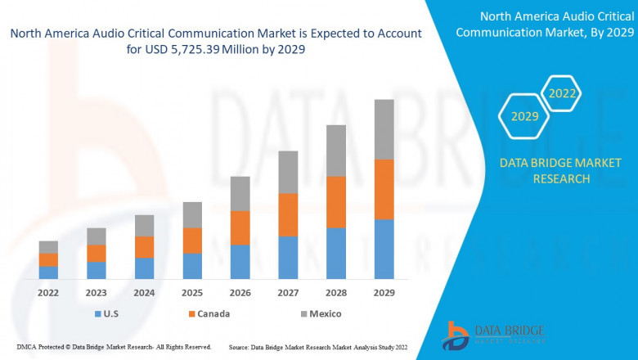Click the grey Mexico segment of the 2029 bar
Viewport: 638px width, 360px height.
click(x=384, y=129)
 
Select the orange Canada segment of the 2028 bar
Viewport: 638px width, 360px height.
click(x=336, y=201)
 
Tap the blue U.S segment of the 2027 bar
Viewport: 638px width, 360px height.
click(x=288, y=257)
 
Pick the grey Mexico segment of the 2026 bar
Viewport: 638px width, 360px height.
click(x=240, y=193)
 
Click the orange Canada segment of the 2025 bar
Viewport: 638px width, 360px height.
click(x=192, y=241)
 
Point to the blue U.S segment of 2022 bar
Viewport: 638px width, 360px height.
click(x=48, y=272)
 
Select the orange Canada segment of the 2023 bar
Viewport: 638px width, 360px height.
click(x=97, y=253)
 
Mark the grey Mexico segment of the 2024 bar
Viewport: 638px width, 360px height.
click(x=144, y=225)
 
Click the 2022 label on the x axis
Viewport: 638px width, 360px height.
click(x=48, y=292)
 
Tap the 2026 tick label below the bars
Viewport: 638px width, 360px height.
click(x=240, y=292)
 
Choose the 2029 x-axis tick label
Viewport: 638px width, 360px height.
click(x=384, y=292)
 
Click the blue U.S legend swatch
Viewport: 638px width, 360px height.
click(x=99, y=314)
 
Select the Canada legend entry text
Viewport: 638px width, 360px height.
click(x=213, y=314)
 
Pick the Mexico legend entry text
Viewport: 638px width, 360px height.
click(x=325, y=314)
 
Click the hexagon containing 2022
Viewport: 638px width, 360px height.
click(x=562, y=94)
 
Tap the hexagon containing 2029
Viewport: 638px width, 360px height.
click(x=524, y=117)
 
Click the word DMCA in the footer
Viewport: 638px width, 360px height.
click(x=27, y=348)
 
